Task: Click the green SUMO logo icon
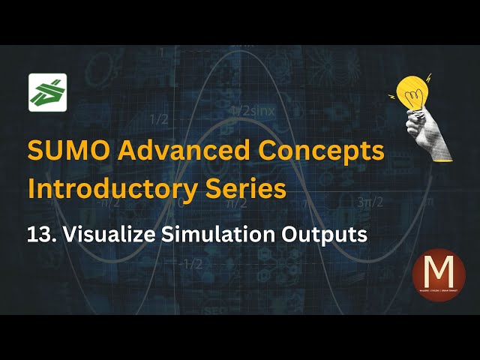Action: tap(47, 93)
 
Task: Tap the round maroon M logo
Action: tap(439, 275)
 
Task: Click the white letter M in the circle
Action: tap(439, 270)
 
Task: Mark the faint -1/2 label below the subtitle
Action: tap(193, 263)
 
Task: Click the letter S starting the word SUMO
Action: tap(36, 151)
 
